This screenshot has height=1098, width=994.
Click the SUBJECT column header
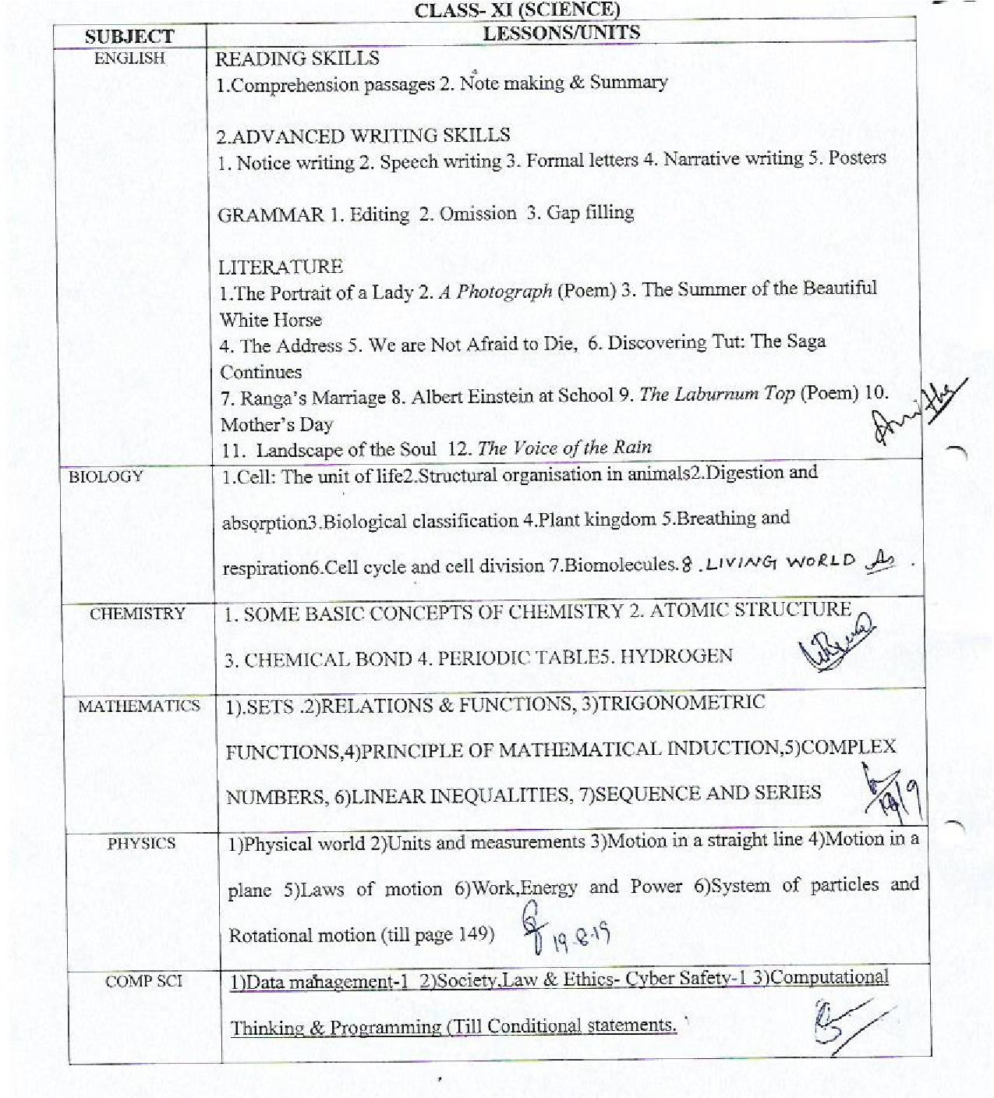coord(129,37)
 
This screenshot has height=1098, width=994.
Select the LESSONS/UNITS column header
coord(561,33)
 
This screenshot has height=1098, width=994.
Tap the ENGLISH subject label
coord(129,58)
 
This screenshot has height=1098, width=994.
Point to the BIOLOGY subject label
coord(106,477)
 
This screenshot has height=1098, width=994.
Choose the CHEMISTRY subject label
coord(137,614)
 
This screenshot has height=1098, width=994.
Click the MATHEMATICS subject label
coord(139,707)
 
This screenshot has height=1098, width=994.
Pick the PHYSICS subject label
coord(141,844)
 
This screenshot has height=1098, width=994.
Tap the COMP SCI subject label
coord(143,981)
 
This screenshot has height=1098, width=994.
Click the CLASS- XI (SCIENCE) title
coord(517,9)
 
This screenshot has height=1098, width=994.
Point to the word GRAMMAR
coord(270,215)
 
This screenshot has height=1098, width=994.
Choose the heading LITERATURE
coord(280,267)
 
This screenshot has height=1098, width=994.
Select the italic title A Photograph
coord(496,292)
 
